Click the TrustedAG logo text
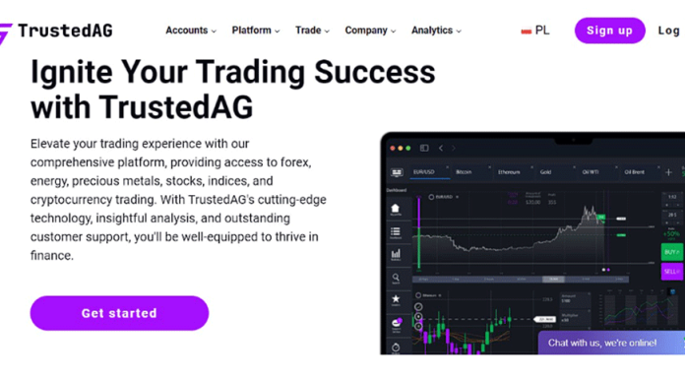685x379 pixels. [x=64, y=31]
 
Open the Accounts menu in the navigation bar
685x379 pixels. [x=190, y=31]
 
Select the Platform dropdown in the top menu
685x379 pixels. [x=255, y=31]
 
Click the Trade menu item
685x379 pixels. [x=312, y=31]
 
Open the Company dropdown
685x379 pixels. [x=370, y=31]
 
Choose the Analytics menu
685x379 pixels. [x=436, y=31]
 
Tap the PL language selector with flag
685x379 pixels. [x=535, y=31]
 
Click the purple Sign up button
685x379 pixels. [x=609, y=31]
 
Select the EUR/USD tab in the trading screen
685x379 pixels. [x=425, y=171]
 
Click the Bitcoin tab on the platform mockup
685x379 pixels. [x=464, y=171]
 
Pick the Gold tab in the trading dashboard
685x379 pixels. [x=545, y=171]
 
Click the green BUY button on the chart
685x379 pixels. [x=671, y=252]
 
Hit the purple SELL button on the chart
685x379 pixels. [x=671, y=271]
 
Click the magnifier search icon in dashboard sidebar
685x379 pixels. [x=396, y=279]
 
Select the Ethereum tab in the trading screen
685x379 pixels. [x=508, y=171]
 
